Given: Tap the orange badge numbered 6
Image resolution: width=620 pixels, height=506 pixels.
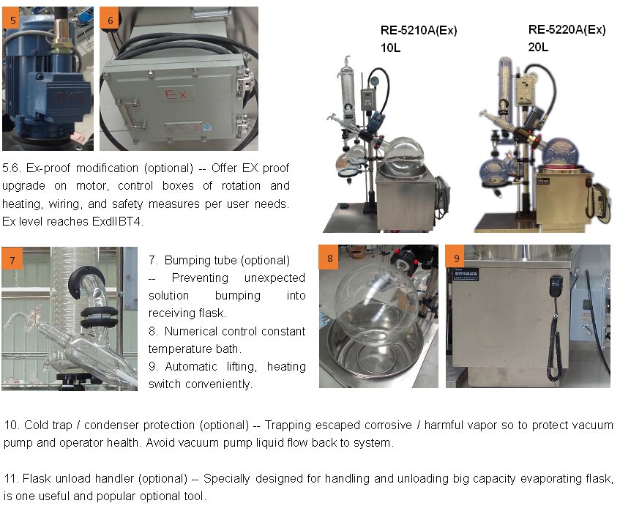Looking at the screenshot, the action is click(110, 19).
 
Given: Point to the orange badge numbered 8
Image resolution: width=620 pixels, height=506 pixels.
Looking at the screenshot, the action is click(329, 258).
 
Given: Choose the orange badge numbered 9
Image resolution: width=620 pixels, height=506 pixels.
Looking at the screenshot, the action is click(455, 258).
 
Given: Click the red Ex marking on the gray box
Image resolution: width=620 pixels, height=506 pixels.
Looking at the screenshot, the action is click(175, 94).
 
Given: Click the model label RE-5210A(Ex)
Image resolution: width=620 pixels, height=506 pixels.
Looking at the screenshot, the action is click(419, 31).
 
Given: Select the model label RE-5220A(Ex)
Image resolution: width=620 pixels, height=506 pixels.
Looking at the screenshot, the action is click(567, 30).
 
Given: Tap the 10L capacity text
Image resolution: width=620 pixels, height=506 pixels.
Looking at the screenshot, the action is click(390, 48).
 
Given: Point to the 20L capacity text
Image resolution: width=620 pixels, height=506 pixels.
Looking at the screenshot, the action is click(538, 47).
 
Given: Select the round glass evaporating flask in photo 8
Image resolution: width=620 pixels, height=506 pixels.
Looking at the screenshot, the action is click(376, 304).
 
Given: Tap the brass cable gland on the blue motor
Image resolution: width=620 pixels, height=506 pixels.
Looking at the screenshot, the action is click(62, 40).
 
